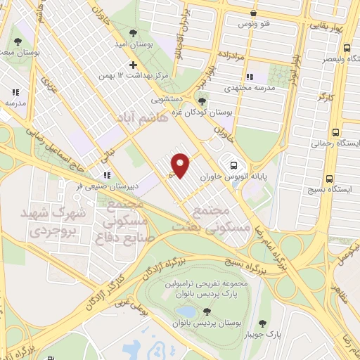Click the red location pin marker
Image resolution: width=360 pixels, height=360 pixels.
[x=181, y=166]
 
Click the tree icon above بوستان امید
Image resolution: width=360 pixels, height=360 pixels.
[x=133, y=32]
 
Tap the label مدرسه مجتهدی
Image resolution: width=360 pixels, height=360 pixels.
[x=247, y=89]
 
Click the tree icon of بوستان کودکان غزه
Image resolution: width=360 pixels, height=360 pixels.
[x=202, y=102]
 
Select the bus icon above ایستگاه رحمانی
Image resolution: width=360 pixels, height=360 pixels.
[x=335, y=132]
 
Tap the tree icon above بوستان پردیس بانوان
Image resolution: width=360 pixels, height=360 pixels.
[x=207, y=311]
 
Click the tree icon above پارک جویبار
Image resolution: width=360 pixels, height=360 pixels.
[x=262, y=324]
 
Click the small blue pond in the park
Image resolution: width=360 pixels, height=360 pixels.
[x=186, y=311]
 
